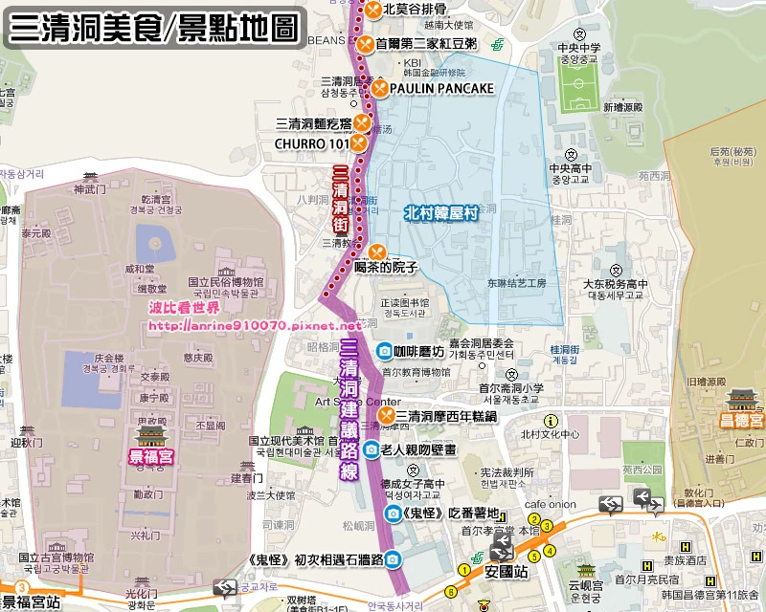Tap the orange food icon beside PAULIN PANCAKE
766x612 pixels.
(x=379, y=89)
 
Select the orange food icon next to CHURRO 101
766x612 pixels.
(x=357, y=142)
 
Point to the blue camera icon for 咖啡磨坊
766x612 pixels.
(x=384, y=351)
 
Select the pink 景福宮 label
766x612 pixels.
(x=152, y=458)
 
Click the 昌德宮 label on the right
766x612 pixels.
(x=743, y=421)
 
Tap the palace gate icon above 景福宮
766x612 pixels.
(x=152, y=435)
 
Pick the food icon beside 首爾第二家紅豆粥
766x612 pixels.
(x=365, y=43)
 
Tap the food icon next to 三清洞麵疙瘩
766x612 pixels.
(x=362, y=122)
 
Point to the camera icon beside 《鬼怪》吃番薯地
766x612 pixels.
(x=394, y=514)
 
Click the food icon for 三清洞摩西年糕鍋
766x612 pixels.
(x=385, y=416)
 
